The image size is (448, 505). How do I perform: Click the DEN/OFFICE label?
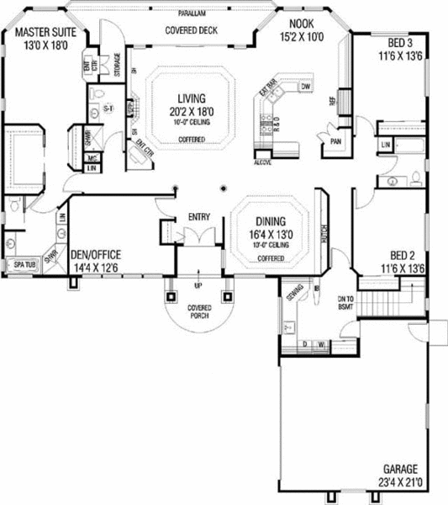point(97,254)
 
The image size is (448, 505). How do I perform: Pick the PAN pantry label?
point(335,142)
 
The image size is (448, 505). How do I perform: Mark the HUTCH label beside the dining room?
point(324,231)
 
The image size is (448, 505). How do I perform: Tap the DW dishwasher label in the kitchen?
point(306,86)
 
